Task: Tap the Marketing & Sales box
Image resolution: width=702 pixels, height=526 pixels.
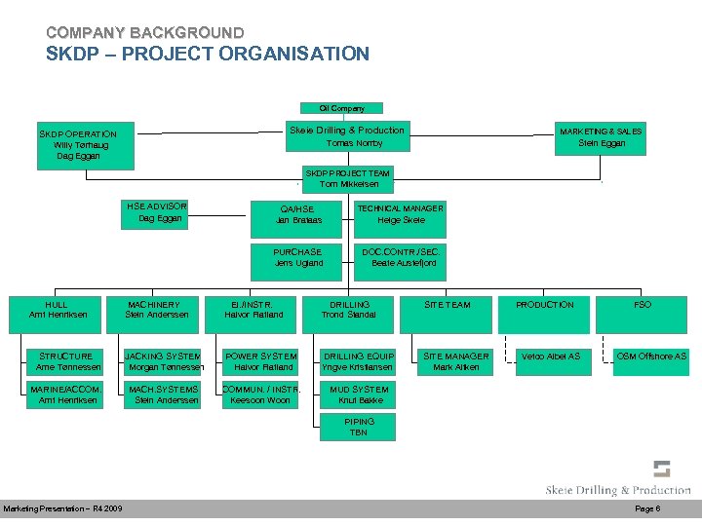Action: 601,136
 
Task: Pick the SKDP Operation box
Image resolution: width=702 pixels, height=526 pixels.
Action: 78,144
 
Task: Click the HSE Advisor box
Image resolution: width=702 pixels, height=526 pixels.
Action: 158,212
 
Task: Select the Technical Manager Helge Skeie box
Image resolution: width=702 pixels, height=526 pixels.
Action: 401,214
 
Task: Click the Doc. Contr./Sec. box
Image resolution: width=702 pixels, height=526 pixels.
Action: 401,257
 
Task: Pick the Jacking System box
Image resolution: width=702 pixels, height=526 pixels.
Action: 163,361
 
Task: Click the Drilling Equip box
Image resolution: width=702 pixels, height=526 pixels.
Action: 359,361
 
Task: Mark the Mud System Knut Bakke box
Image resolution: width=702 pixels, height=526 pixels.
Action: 359,394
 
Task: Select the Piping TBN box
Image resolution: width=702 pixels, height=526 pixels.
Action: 359,427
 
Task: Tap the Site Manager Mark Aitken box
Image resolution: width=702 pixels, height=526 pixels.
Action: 455,361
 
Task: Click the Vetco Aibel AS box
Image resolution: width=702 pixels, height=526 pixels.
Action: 551,357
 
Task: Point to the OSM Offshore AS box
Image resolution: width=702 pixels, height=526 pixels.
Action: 651,357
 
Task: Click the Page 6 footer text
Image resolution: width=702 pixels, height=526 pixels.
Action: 647,509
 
